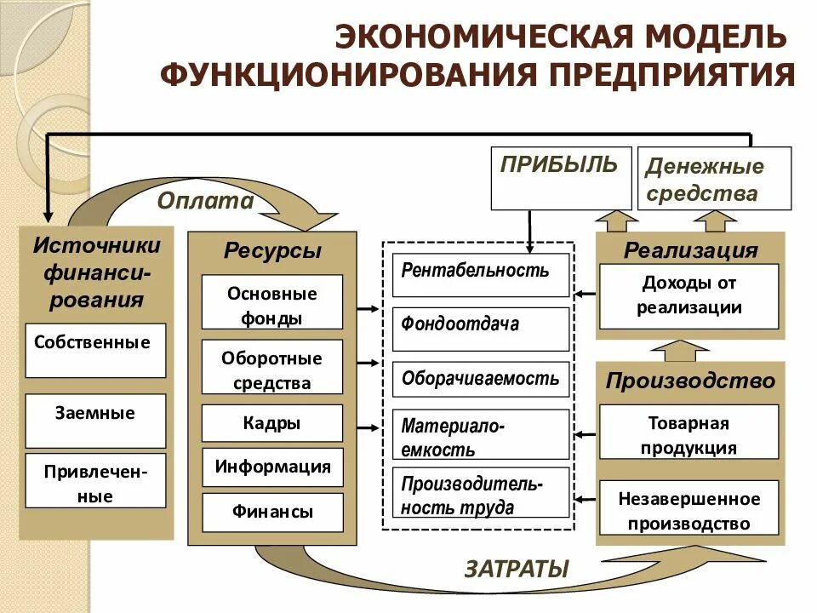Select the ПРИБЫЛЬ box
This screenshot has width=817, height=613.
point(561,178)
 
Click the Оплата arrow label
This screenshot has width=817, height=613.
point(205,201)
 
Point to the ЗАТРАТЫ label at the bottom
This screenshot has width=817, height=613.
point(516,568)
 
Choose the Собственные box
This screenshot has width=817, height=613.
point(95,350)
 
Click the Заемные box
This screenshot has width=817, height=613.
point(95,421)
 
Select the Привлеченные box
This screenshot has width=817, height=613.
point(95,481)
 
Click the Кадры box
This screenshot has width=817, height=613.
point(272,423)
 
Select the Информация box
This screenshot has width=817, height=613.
point(272,467)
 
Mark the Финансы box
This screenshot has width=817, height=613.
point(272,513)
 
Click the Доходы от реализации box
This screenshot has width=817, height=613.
point(688,295)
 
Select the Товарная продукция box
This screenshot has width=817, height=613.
point(688,435)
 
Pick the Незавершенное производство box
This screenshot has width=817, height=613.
point(688,511)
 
